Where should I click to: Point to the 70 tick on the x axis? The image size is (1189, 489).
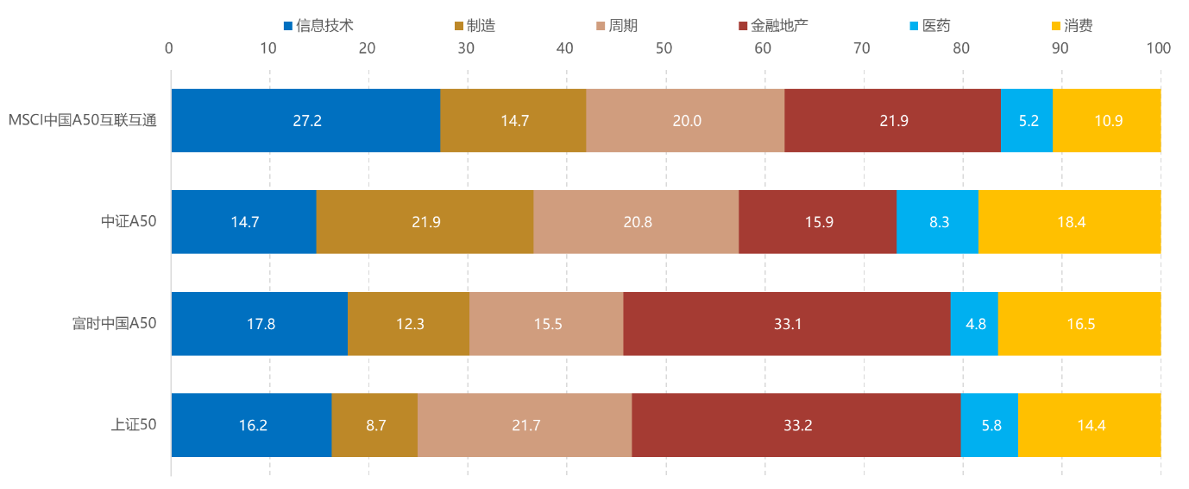pyautogui.click(x=861, y=48)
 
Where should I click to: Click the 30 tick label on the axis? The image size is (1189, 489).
pyautogui.click(x=466, y=48)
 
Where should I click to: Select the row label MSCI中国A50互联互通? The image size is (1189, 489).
pyautogui.click(x=82, y=121)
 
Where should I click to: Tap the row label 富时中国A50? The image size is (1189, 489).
pyautogui.click(x=114, y=324)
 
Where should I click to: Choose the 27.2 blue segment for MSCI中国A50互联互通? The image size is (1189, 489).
pyautogui.click(x=306, y=121)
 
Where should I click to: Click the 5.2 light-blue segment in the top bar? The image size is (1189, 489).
pyautogui.click(x=1027, y=121)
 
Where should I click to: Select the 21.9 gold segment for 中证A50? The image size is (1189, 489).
pyautogui.click(x=425, y=222)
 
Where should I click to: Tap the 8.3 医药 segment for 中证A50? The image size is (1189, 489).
pyautogui.click(x=938, y=222)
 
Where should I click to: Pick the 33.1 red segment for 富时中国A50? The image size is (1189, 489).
pyautogui.click(x=787, y=324)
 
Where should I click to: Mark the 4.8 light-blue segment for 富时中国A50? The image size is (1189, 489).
pyautogui.click(x=974, y=324)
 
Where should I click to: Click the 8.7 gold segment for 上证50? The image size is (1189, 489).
pyautogui.click(x=374, y=425)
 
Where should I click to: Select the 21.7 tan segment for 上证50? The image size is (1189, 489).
pyautogui.click(x=525, y=425)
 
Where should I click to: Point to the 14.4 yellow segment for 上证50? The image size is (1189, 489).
pyautogui.click(x=1090, y=425)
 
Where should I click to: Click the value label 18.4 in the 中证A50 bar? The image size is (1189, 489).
pyautogui.click(x=1071, y=222)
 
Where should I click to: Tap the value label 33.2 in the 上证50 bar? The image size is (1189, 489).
pyautogui.click(x=797, y=425)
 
